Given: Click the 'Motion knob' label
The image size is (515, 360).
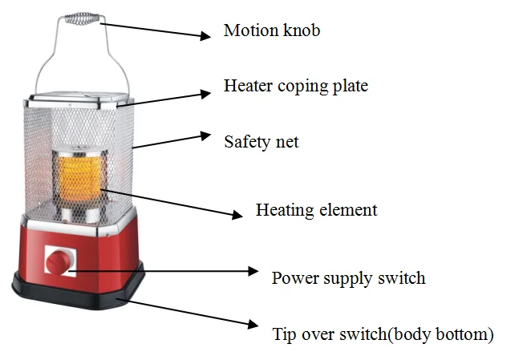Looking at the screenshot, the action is (272, 30).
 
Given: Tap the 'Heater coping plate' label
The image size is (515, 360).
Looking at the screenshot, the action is (296, 86).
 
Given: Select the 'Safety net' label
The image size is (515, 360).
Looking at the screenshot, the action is (262, 142).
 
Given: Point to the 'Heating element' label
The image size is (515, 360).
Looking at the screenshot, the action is (317, 210).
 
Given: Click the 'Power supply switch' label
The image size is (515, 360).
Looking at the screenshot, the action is (348, 278).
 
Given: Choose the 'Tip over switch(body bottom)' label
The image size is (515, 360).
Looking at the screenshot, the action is (383, 334).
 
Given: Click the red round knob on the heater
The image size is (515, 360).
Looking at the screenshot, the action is (58, 261).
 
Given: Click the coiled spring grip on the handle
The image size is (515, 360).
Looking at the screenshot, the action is (82, 18).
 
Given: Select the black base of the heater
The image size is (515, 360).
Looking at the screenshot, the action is (78, 290).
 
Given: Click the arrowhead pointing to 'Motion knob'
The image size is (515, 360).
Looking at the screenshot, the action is (205, 35).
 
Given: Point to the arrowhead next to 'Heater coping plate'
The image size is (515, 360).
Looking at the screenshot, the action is (205, 94).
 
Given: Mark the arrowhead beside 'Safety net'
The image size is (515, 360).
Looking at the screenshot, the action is (205, 136).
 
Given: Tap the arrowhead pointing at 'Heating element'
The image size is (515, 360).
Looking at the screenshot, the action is (237, 215).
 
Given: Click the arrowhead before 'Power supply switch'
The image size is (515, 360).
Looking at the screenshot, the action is (253, 271).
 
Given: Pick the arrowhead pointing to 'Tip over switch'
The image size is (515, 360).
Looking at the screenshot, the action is (253, 324).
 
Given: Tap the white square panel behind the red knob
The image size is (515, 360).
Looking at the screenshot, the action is (61, 261).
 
